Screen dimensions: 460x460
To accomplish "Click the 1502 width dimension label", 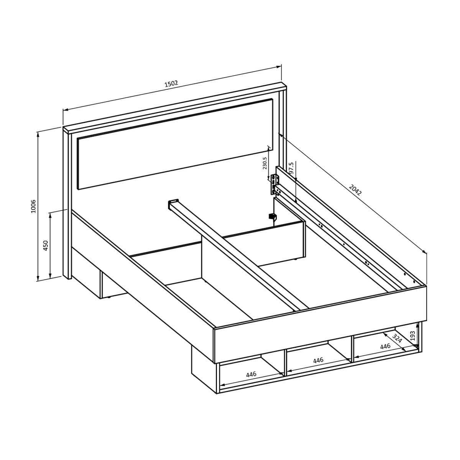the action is [171, 84].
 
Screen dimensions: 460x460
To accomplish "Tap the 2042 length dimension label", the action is [355, 189].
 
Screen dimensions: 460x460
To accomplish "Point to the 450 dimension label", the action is [46, 245].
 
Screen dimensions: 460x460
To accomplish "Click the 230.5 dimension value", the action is [264, 163].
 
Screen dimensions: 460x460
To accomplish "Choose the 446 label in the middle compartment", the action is [318, 360].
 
